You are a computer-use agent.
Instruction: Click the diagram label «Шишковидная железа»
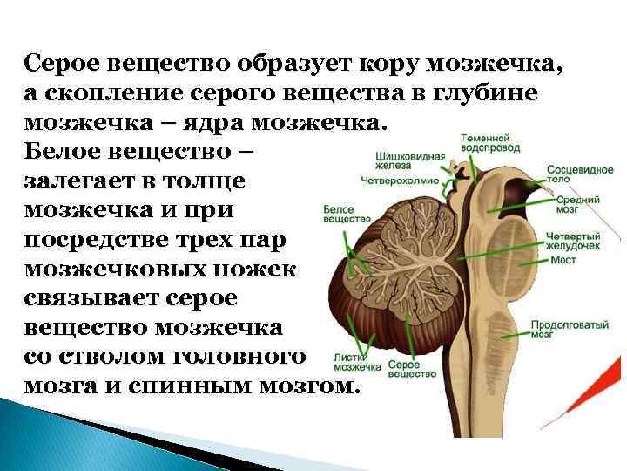(410, 163)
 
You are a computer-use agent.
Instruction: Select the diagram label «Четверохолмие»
(401, 181)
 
